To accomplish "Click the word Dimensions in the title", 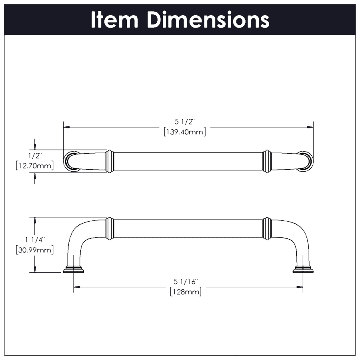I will (x=208, y=20).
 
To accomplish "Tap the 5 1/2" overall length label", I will (x=185, y=123).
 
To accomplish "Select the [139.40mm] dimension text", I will (x=185, y=132).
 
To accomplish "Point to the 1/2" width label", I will (x=35, y=155).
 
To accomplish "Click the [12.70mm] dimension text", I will (x=35, y=165).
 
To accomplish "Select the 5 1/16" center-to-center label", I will (x=185, y=282).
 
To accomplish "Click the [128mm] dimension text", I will (x=185, y=292).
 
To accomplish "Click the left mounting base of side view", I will (x=74, y=269).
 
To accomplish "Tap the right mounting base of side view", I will (x=303, y=269).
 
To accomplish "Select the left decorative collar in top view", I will (x=110, y=161).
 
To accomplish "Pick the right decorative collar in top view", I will (x=267, y=161).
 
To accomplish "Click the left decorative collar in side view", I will (x=110, y=228).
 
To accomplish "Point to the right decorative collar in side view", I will (x=267, y=228).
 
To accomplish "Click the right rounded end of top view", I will (x=305, y=161).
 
